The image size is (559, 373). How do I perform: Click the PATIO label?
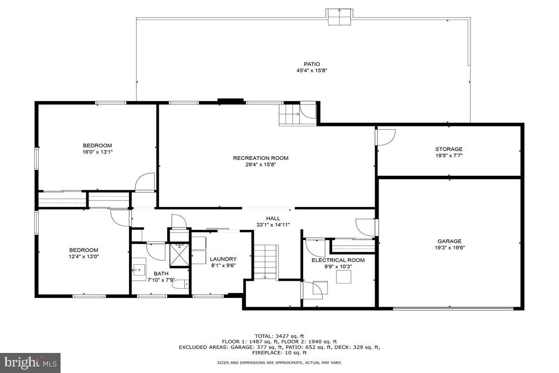coord(312,64)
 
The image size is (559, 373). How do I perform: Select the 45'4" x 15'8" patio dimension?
coord(312,71)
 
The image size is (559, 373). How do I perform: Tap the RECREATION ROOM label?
coord(260,158)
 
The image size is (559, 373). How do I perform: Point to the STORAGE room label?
coord(449,149)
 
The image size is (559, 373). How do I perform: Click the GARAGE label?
coord(449,242)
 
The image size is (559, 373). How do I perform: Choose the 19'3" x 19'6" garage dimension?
coord(449,248)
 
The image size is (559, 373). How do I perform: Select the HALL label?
coord(273,218)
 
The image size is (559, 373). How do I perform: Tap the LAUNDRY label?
coord(223,259)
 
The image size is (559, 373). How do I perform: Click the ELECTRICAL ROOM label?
coord(338,260)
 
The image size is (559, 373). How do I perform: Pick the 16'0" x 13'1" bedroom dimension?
coord(97,152)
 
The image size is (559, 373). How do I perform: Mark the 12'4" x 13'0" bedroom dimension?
coord(84,256)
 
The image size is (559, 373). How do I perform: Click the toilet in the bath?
coord(179,283)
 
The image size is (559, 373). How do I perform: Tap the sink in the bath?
coord(139,270)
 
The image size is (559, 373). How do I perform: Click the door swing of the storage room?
coord(386,137)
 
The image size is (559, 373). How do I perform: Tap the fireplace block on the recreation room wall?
coord(231,100)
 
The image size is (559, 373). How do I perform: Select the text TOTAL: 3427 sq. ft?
coord(279,336)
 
